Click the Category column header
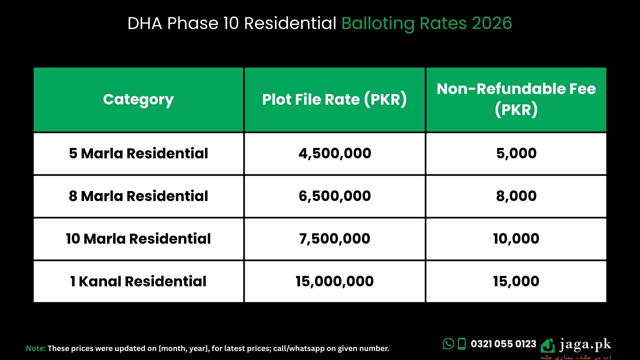click(138, 100)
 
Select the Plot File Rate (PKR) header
click(334, 99)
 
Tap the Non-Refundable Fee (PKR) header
click(516, 99)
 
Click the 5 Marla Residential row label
click(138, 153)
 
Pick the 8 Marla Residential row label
click(138, 196)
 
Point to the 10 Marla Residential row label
click(138, 239)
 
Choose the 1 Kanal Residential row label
click(138, 281)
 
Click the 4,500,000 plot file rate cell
click(335, 153)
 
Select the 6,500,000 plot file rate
click(335, 196)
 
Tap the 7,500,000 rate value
click(335, 239)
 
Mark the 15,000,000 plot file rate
click(335, 281)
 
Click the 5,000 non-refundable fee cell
click(516, 153)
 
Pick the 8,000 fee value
click(516, 196)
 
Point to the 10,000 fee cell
click(516, 239)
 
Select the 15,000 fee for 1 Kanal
click(516, 281)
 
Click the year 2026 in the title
click(492, 23)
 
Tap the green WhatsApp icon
click(448, 344)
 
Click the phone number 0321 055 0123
click(503, 344)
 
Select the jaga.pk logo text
click(585, 344)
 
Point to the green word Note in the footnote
click(36, 348)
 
